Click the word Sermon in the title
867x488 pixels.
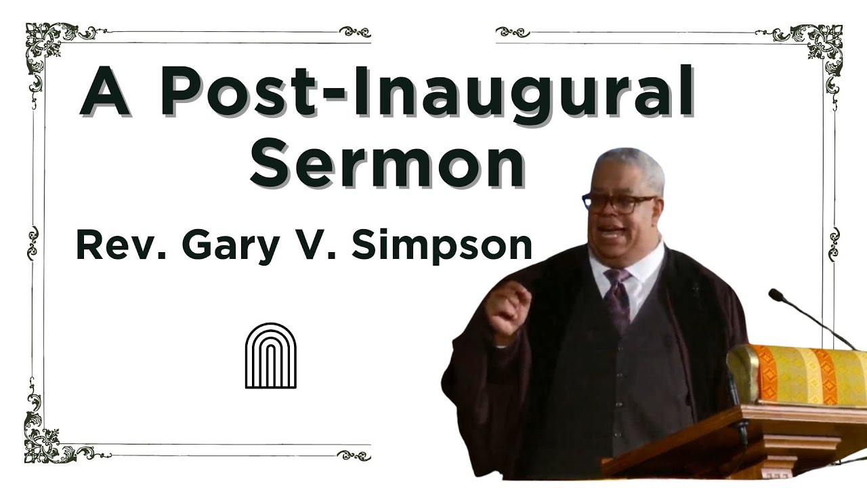(387, 163)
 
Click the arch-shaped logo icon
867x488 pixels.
(270, 356)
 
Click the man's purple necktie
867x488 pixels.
(617, 298)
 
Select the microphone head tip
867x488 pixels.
(776, 295)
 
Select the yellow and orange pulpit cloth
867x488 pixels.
(799, 374)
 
